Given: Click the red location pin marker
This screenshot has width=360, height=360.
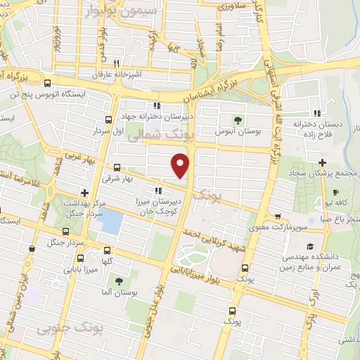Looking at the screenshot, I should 181,165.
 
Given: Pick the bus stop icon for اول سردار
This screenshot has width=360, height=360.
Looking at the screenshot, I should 108,120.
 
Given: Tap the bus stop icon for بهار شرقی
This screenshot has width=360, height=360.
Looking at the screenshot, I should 116,168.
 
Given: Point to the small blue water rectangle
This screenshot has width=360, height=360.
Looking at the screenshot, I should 110,222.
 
